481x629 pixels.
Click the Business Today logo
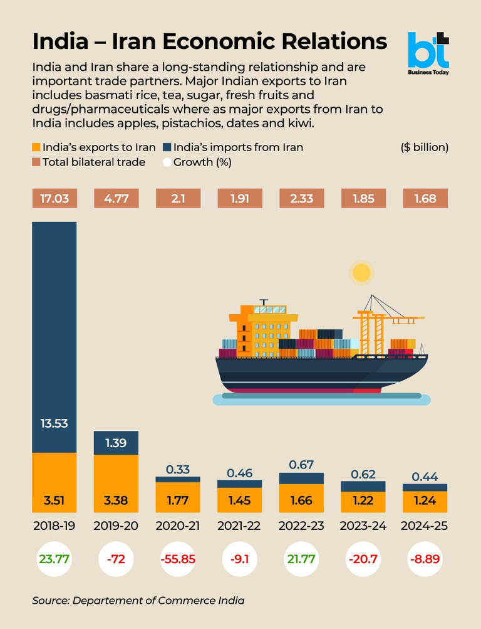(x=428, y=52)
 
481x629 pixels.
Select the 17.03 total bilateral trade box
(x=54, y=199)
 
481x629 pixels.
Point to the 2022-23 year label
(x=301, y=526)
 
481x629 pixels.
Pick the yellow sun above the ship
(x=361, y=272)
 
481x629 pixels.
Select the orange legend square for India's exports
(x=36, y=148)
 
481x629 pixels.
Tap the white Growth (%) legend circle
(x=167, y=162)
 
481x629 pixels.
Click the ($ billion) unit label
(x=424, y=147)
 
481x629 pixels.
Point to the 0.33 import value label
(x=178, y=469)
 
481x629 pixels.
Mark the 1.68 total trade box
(x=425, y=199)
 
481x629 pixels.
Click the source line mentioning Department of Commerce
(x=138, y=601)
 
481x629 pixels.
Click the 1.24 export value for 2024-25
(x=425, y=500)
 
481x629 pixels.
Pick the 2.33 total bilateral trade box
(x=301, y=199)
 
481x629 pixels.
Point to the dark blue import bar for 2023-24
(x=363, y=486)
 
